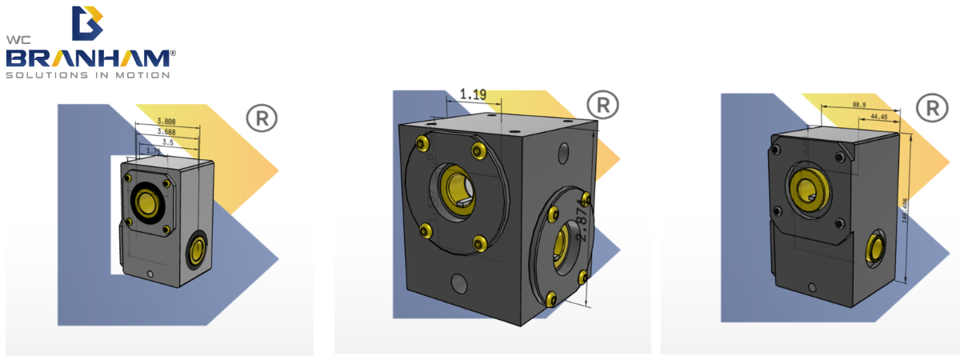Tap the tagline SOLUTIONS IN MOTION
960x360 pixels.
click(x=88, y=76)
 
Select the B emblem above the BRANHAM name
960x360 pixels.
click(x=87, y=23)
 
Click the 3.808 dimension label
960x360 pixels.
click(x=166, y=122)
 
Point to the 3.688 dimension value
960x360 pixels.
click(x=166, y=131)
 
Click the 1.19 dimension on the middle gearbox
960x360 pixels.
click(x=473, y=95)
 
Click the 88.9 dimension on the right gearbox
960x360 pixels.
click(x=860, y=105)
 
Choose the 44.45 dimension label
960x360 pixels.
click(x=878, y=117)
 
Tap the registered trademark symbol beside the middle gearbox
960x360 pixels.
click(x=602, y=106)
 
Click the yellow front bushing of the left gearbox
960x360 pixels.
click(x=147, y=205)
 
